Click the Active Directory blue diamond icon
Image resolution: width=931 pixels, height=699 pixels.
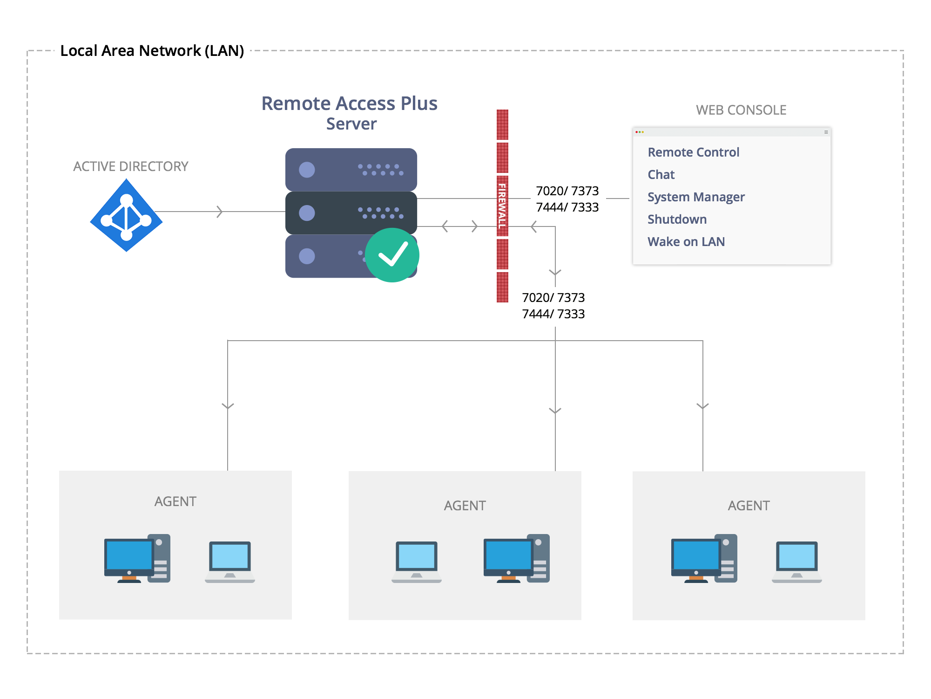(x=126, y=215)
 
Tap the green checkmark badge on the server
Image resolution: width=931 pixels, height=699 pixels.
(x=392, y=255)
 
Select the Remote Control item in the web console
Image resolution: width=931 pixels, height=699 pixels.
(x=693, y=152)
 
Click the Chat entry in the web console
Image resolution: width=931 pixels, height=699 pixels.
(x=661, y=175)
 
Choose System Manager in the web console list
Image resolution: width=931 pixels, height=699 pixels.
(x=696, y=197)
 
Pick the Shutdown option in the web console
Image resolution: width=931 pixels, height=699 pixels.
(x=677, y=219)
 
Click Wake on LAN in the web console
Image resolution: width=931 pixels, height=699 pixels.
(x=686, y=242)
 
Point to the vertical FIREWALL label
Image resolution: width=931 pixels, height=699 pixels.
(x=502, y=206)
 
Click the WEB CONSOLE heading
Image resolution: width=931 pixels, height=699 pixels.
(x=741, y=110)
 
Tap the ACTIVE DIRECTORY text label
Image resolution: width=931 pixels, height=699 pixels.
(x=131, y=166)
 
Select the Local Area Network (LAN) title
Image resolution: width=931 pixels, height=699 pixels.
(x=152, y=51)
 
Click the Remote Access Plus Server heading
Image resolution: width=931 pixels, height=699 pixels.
(x=350, y=113)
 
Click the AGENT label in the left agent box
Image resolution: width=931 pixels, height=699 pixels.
(x=175, y=501)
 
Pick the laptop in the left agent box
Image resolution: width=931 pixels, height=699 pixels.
(x=230, y=562)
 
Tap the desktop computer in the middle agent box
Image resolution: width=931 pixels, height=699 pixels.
(x=516, y=558)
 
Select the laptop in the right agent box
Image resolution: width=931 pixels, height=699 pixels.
(x=796, y=562)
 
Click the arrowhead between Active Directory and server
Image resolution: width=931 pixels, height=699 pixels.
(x=220, y=212)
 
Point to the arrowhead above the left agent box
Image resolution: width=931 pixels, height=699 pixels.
(x=228, y=406)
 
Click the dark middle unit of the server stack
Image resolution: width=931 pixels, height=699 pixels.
(x=351, y=213)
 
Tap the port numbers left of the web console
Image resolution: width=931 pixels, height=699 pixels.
(x=567, y=199)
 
